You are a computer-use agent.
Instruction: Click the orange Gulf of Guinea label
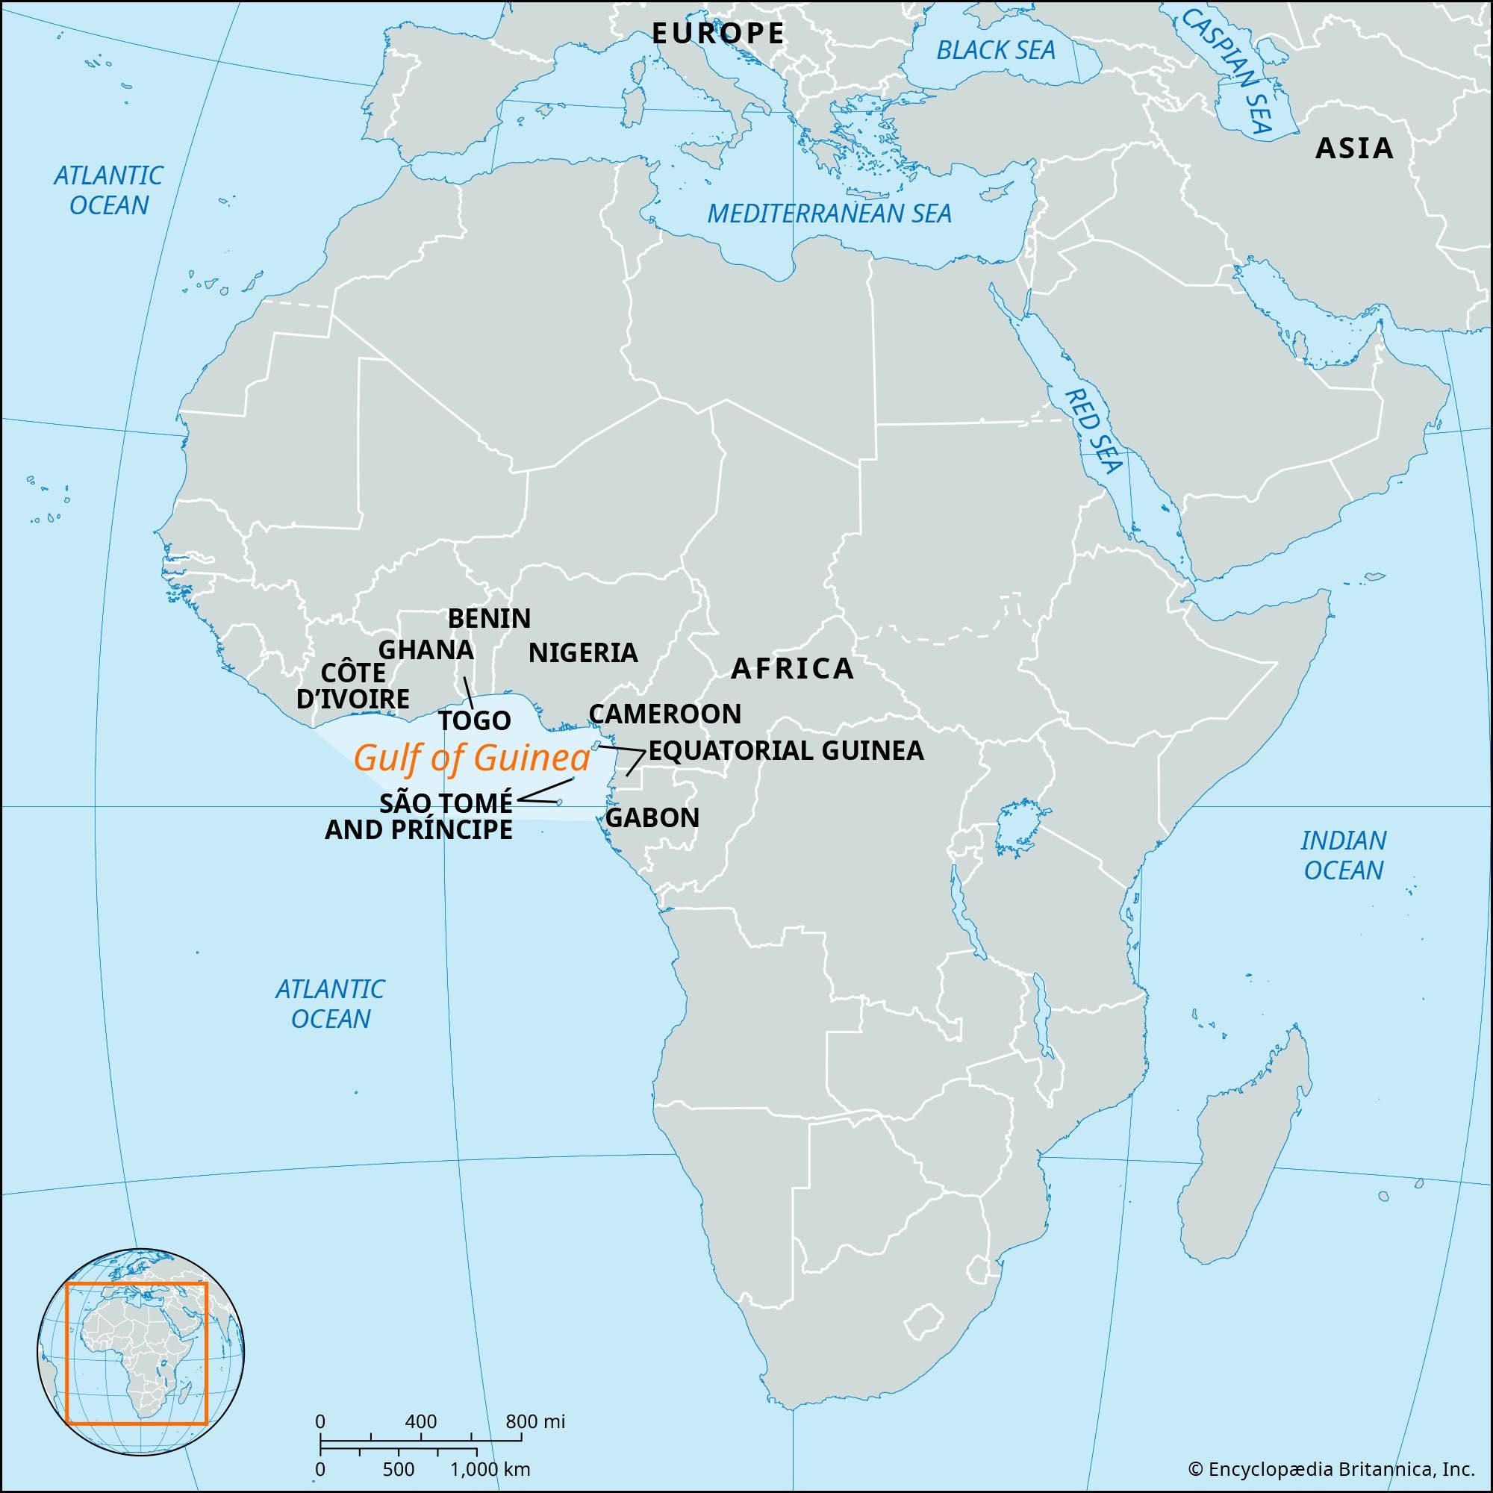[x=471, y=759]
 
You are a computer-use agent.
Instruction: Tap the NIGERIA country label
[x=583, y=653]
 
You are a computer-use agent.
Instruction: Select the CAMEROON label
[x=664, y=713]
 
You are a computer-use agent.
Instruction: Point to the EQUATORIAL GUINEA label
[x=785, y=750]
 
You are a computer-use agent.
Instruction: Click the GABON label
[x=652, y=817]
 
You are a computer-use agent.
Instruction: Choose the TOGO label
[x=475, y=721]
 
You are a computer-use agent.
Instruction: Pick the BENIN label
[x=489, y=618]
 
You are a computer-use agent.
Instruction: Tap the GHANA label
[x=426, y=649]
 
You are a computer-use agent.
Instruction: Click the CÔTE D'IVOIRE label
[x=353, y=685]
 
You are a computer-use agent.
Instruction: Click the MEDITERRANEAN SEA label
[x=829, y=214]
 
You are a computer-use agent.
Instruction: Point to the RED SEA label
[x=1093, y=431]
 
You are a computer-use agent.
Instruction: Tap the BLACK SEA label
[x=995, y=51]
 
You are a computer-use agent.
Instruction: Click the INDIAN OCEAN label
[x=1343, y=855]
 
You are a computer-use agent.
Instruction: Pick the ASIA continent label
[x=1354, y=149]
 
